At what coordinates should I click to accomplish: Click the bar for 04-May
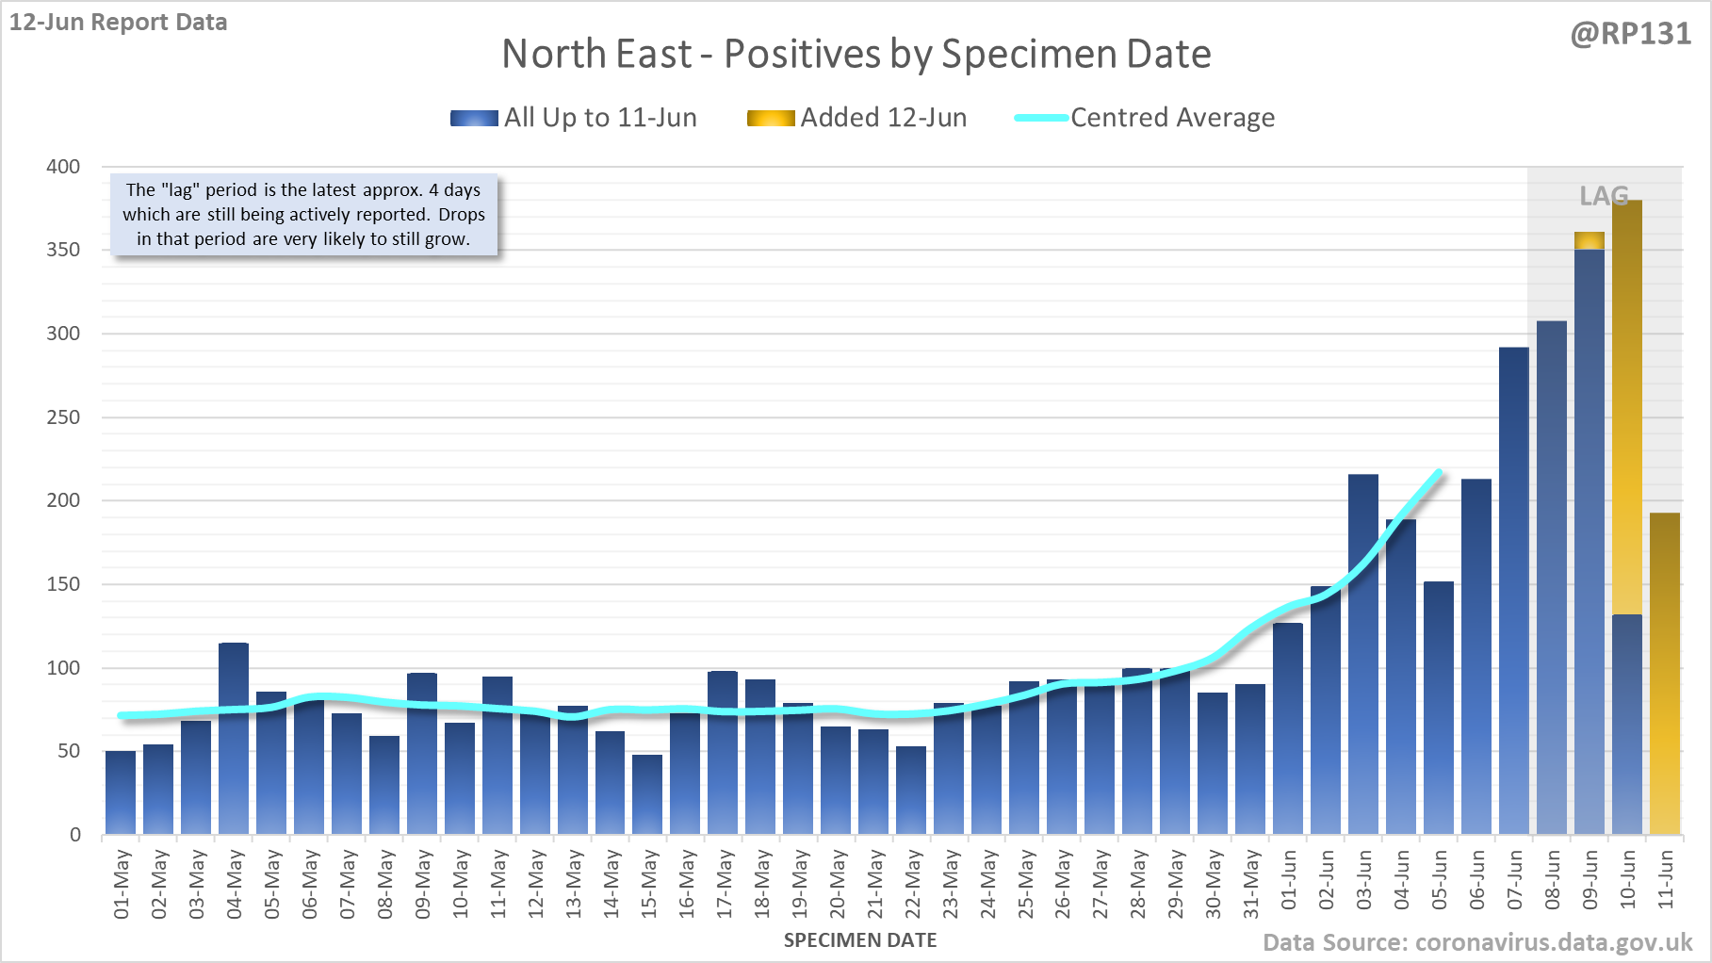point(234,740)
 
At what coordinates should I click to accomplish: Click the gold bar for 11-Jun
point(1665,674)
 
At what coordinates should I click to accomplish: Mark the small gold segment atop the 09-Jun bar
point(1590,240)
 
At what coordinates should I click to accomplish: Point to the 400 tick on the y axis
point(63,167)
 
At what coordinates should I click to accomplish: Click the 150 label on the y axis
point(63,584)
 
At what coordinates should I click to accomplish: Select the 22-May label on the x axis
point(912,884)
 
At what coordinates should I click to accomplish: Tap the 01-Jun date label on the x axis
point(1289,880)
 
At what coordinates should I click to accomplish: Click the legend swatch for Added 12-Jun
point(771,118)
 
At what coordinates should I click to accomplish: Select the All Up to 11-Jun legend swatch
point(474,118)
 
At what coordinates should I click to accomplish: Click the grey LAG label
point(1604,196)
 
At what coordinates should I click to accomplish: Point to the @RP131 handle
point(1630,34)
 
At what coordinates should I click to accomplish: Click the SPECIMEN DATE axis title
point(860,940)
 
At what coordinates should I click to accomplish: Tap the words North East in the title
point(596,54)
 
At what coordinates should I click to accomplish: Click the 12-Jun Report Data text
point(119,22)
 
